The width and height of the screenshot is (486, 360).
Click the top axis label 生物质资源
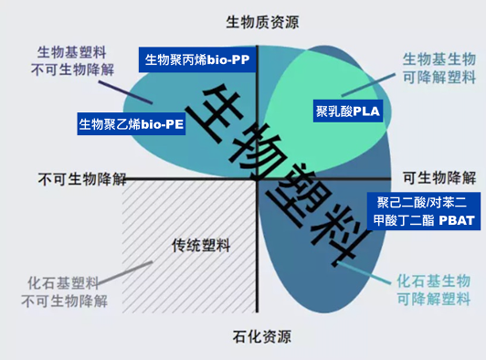[262, 22]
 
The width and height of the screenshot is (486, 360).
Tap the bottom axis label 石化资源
[262, 337]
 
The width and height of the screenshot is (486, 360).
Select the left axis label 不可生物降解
[82, 179]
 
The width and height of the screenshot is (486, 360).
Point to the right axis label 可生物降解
[439, 178]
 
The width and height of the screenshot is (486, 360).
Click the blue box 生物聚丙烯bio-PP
[197, 59]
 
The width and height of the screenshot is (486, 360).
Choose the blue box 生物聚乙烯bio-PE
[132, 124]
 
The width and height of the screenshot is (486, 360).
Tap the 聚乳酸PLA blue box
[348, 111]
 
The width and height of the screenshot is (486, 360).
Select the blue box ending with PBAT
[424, 211]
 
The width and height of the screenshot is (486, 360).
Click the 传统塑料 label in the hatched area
[201, 246]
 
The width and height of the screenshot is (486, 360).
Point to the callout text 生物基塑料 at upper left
[72, 52]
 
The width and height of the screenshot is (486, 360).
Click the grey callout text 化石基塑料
[63, 282]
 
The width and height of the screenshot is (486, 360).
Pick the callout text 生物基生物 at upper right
[439, 58]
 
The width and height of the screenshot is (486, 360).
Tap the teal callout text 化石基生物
[434, 281]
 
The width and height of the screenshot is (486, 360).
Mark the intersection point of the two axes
[257, 179]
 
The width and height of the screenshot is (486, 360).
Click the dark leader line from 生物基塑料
[125, 92]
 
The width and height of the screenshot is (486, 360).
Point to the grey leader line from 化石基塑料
[125, 272]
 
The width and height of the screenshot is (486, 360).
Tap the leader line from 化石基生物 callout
[364, 272]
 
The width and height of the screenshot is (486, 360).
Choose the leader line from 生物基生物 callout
[368, 85]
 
